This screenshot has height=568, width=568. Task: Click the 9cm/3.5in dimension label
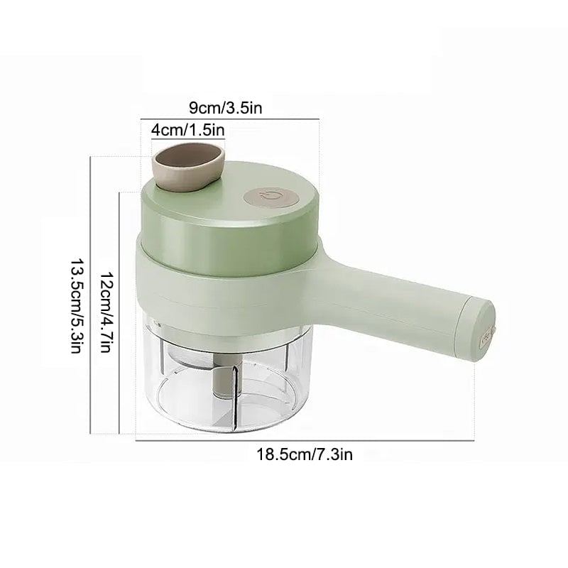pyautogui.click(x=225, y=108)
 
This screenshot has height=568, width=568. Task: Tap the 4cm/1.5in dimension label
pyautogui.click(x=188, y=130)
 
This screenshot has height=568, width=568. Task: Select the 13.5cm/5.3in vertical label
pyautogui.click(x=76, y=305)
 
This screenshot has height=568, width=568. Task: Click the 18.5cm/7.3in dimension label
pyautogui.click(x=305, y=454)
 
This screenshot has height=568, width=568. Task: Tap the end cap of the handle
pyautogui.click(x=478, y=329)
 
